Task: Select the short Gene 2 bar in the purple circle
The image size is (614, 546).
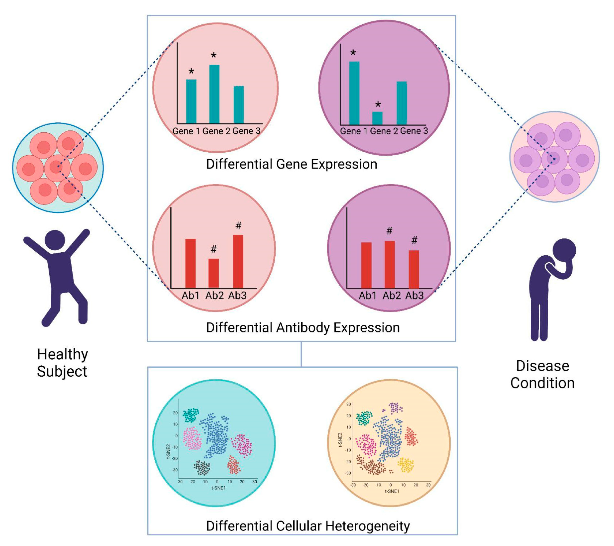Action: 377,118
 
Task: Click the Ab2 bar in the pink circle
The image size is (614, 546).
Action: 214,273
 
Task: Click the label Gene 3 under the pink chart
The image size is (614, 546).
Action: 246,131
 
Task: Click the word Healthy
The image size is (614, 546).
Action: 62,354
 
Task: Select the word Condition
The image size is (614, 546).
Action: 542,383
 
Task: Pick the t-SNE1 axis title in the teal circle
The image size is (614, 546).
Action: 218,488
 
